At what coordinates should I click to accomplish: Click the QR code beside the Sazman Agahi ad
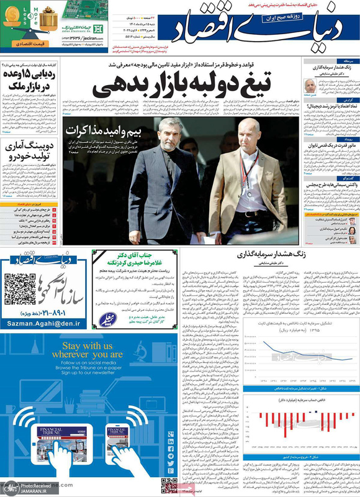pos(17,290)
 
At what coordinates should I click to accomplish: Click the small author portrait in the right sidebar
pos(310,86)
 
